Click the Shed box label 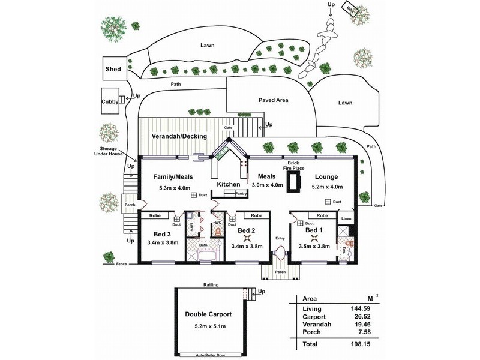(114, 70)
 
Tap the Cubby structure (110, 101)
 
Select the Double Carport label (209, 314)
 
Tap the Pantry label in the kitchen (241, 193)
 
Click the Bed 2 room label (247, 230)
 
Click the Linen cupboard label (346, 219)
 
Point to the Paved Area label (273, 100)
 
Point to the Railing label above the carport (210, 286)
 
